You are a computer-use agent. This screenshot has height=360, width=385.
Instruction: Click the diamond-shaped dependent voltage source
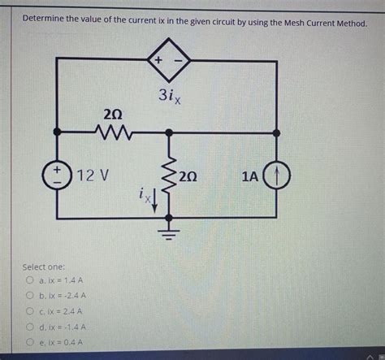pos(168,61)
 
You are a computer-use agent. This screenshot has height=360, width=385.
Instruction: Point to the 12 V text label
pos(94,175)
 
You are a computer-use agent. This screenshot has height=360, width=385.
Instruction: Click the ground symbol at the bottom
pos(169,237)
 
